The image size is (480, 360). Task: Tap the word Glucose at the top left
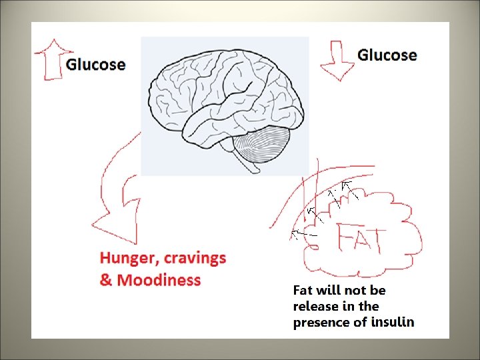[x=95, y=65]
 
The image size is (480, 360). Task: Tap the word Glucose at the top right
[x=387, y=55]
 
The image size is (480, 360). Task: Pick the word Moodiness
[x=159, y=280]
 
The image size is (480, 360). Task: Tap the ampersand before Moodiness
[x=106, y=280]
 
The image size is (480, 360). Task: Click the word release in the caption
[x=316, y=306]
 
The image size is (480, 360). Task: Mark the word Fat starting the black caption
[x=305, y=290]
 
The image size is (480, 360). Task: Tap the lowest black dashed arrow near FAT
[x=303, y=234]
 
